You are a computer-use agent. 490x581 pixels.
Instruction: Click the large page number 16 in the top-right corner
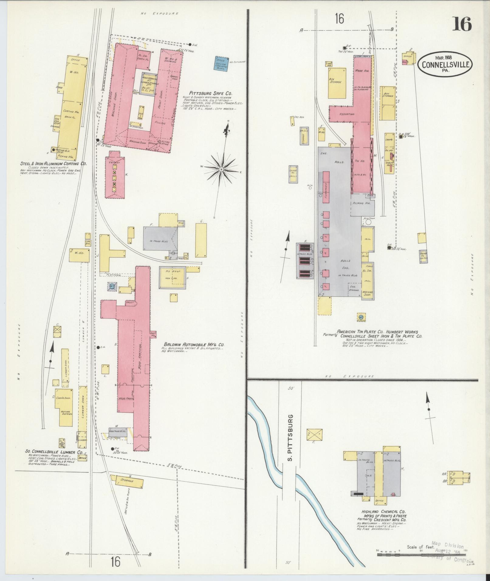(x=462, y=24)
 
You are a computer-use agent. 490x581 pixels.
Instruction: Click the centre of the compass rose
(x=222, y=169)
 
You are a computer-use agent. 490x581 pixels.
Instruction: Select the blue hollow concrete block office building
(x=221, y=63)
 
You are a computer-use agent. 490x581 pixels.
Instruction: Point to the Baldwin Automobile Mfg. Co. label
(x=194, y=344)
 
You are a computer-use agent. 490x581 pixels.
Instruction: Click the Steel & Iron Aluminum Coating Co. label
(x=53, y=163)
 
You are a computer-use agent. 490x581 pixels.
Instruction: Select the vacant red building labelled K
(x=115, y=178)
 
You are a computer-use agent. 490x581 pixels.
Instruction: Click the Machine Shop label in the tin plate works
(x=368, y=293)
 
